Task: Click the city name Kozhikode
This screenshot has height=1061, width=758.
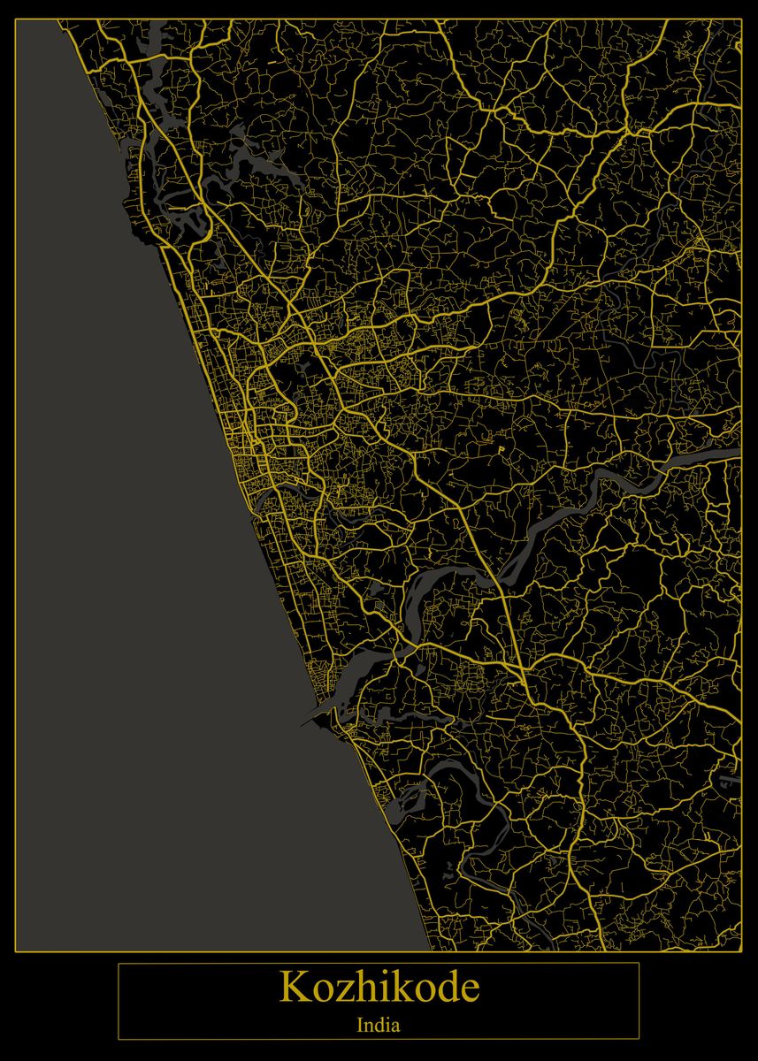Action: (x=379, y=987)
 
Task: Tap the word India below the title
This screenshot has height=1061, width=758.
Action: (x=379, y=1027)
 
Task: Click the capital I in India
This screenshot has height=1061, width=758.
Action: (x=360, y=1027)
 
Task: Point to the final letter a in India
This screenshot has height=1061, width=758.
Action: (x=396, y=1028)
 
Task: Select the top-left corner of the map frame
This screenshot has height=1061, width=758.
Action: (x=16, y=19)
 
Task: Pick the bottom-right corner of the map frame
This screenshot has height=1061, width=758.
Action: (x=742, y=951)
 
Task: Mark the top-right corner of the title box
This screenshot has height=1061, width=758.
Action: (x=639, y=963)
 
